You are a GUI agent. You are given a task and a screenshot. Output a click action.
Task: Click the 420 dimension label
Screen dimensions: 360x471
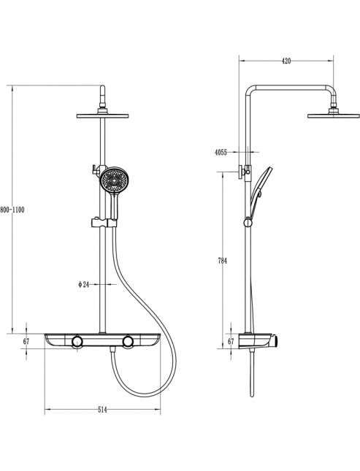point(286,61)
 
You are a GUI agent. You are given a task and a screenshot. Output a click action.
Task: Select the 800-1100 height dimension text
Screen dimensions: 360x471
point(12,210)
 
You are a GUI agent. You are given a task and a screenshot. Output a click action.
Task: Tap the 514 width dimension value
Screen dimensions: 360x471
point(102,410)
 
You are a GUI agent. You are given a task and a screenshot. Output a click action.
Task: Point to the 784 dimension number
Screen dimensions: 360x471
point(223,261)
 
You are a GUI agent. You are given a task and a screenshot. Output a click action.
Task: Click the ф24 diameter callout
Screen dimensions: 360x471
point(84,284)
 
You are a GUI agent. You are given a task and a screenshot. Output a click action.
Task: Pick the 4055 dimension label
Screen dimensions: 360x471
point(221,153)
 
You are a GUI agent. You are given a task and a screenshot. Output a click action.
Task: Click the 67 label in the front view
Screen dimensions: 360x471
point(26,341)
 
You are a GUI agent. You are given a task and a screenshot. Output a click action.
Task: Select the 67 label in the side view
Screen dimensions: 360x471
point(231,341)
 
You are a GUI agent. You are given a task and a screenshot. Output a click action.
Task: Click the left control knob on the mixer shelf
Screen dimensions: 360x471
point(77,342)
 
